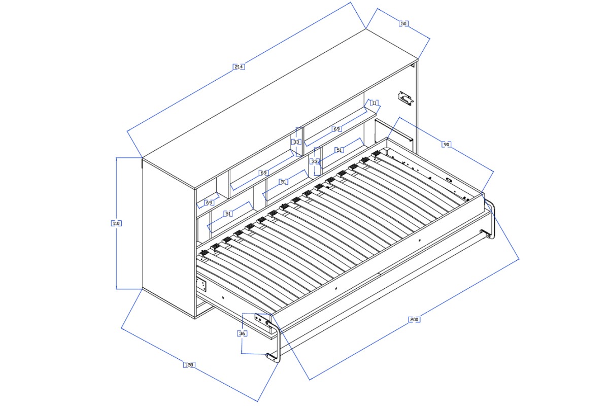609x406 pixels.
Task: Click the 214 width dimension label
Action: [239, 66]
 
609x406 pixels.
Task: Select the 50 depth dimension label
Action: [404, 24]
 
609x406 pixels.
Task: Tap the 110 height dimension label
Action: [116, 223]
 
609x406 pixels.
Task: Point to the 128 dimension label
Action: [189, 365]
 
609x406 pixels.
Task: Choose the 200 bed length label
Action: [414, 319]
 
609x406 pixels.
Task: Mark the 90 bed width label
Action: [446, 145]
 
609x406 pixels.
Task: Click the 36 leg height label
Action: [242, 333]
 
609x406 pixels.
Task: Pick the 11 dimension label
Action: [375, 103]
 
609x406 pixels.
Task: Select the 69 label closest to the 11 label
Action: [336, 128]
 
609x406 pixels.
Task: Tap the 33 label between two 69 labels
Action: [296, 142]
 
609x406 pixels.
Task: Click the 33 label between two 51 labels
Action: [315, 161]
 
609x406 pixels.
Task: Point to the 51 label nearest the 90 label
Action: [339, 150]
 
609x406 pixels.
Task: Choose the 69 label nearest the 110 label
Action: [209, 202]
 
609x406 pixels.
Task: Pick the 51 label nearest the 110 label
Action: [228, 214]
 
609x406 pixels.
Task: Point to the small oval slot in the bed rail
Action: [448, 180]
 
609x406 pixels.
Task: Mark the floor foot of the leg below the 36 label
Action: [273, 358]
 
